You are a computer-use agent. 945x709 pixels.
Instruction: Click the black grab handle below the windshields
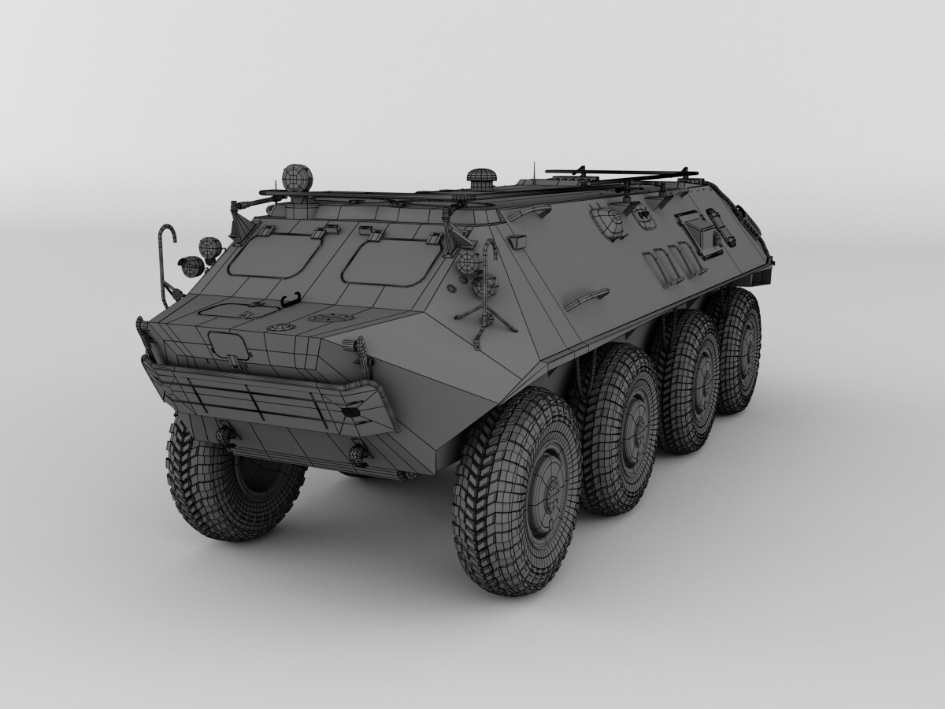tap(291, 299)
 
